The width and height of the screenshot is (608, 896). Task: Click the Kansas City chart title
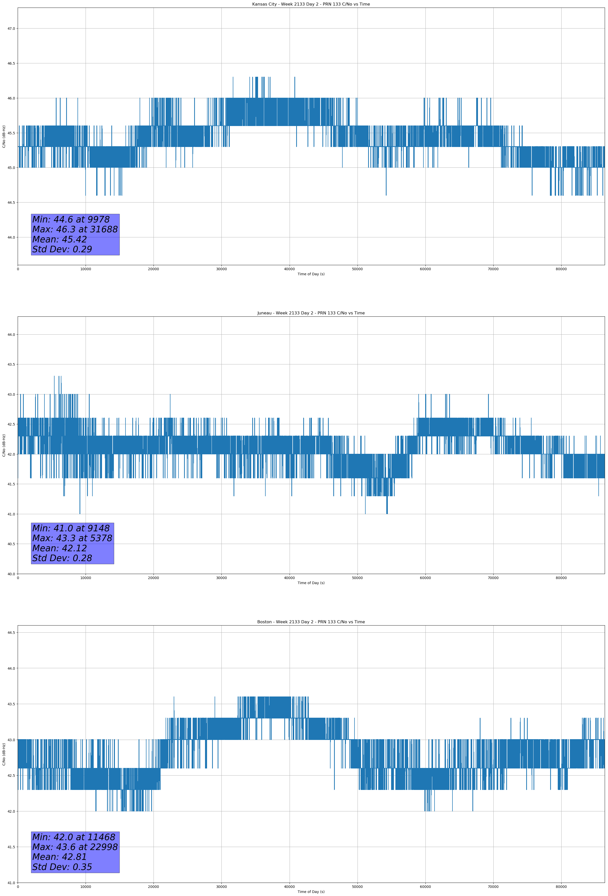click(x=311, y=4)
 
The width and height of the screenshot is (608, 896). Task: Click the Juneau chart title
click(x=311, y=313)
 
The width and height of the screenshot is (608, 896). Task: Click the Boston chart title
click(x=311, y=622)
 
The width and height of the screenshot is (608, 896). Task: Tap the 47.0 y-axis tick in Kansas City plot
click(x=11, y=29)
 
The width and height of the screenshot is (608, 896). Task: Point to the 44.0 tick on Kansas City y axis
click(x=11, y=237)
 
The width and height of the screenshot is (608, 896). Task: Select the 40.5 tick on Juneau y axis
click(x=11, y=544)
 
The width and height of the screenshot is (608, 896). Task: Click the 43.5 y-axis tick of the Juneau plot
click(x=11, y=364)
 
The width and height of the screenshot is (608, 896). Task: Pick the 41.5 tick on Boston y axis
click(x=11, y=847)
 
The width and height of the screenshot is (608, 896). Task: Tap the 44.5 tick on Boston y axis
click(x=11, y=633)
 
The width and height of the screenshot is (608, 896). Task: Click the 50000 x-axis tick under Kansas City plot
click(x=357, y=269)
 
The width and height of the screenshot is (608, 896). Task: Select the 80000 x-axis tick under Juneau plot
click(x=561, y=578)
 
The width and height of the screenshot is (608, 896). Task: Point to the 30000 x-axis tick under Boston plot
click(x=221, y=887)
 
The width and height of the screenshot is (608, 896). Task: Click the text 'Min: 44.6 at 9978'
click(x=71, y=219)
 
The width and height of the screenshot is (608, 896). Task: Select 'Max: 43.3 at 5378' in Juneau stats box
click(x=72, y=538)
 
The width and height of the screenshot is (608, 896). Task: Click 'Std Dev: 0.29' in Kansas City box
click(x=62, y=250)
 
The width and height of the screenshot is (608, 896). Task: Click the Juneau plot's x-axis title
click(x=311, y=583)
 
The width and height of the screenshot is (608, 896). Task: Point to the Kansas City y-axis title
click(x=4, y=136)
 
